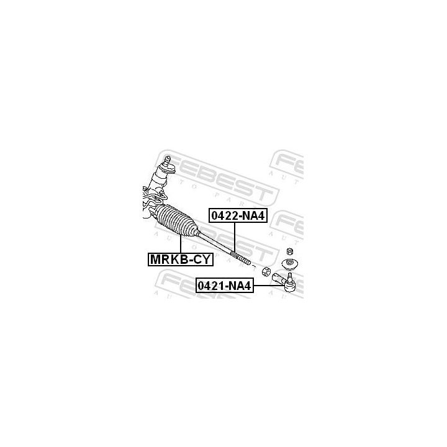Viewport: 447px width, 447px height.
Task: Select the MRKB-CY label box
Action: [x=179, y=259]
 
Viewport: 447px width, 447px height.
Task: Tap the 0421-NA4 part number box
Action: [x=225, y=286]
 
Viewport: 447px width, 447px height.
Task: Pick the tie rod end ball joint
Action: [x=289, y=282]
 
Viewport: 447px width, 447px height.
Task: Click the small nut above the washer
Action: [x=289, y=251]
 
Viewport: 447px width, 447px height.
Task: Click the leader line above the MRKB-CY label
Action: [x=180, y=244]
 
